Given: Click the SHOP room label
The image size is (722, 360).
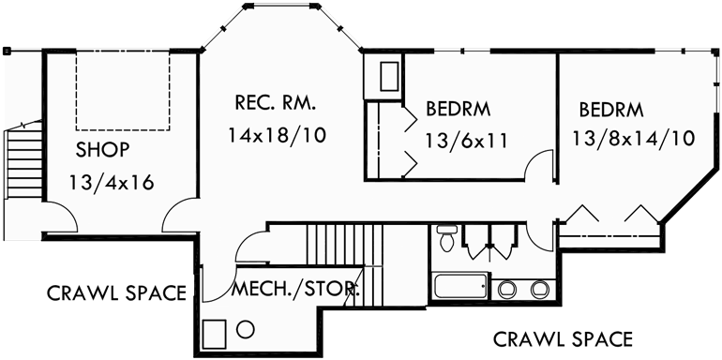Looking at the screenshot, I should (x=102, y=149).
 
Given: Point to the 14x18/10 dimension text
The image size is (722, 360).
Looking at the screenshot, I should (x=277, y=135).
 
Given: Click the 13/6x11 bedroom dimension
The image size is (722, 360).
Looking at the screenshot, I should (x=465, y=142).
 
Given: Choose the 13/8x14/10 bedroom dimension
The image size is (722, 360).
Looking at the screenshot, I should (x=633, y=139).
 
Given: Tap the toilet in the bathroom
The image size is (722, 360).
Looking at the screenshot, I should (x=447, y=240).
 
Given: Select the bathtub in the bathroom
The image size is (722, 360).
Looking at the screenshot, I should (x=460, y=287).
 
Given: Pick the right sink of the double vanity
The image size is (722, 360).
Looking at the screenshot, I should (x=538, y=289).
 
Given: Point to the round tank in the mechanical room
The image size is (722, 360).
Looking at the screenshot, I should (x=247, y=329).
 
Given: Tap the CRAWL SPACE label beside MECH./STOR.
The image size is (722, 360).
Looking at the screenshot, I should (x=117, y=292).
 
